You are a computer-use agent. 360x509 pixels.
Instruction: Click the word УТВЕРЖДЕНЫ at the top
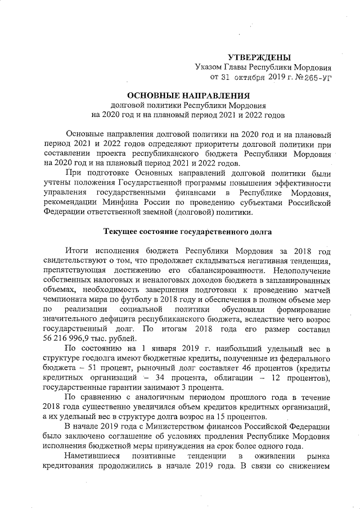point(259,57)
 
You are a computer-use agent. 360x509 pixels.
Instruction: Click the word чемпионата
point(67,300)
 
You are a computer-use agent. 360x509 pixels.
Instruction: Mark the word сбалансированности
point(224,269)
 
